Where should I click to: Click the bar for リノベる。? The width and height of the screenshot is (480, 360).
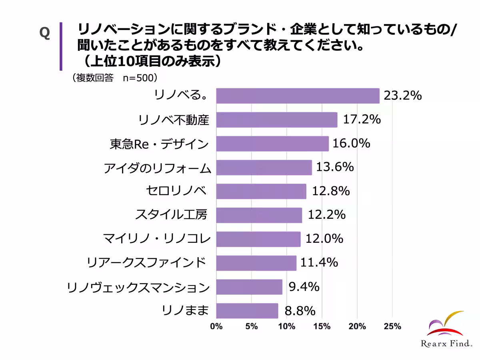pos(298,96)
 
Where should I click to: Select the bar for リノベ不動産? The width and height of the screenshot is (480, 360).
pos(277,120)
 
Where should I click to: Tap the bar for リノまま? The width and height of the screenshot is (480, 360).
pos(247,311)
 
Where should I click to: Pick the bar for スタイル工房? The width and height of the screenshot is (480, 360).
pos(259,215)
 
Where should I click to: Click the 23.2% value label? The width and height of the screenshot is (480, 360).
pos(402,96)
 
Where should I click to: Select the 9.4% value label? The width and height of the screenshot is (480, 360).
pos(304,287)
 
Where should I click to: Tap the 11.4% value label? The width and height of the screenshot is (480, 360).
pos(319,263)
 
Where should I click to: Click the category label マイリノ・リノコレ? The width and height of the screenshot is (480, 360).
pos(157,239)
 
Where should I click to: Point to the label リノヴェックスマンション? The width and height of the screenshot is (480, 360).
pos(138,287)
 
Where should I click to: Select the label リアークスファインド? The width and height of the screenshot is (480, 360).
pos(146,263)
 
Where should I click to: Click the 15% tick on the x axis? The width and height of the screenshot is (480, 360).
pos(322,326)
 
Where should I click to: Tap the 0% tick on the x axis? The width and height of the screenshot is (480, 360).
pos(216,326)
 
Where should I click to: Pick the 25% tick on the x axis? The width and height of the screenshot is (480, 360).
pos(392,326)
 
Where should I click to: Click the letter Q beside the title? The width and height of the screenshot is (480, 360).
pos(44,33)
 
